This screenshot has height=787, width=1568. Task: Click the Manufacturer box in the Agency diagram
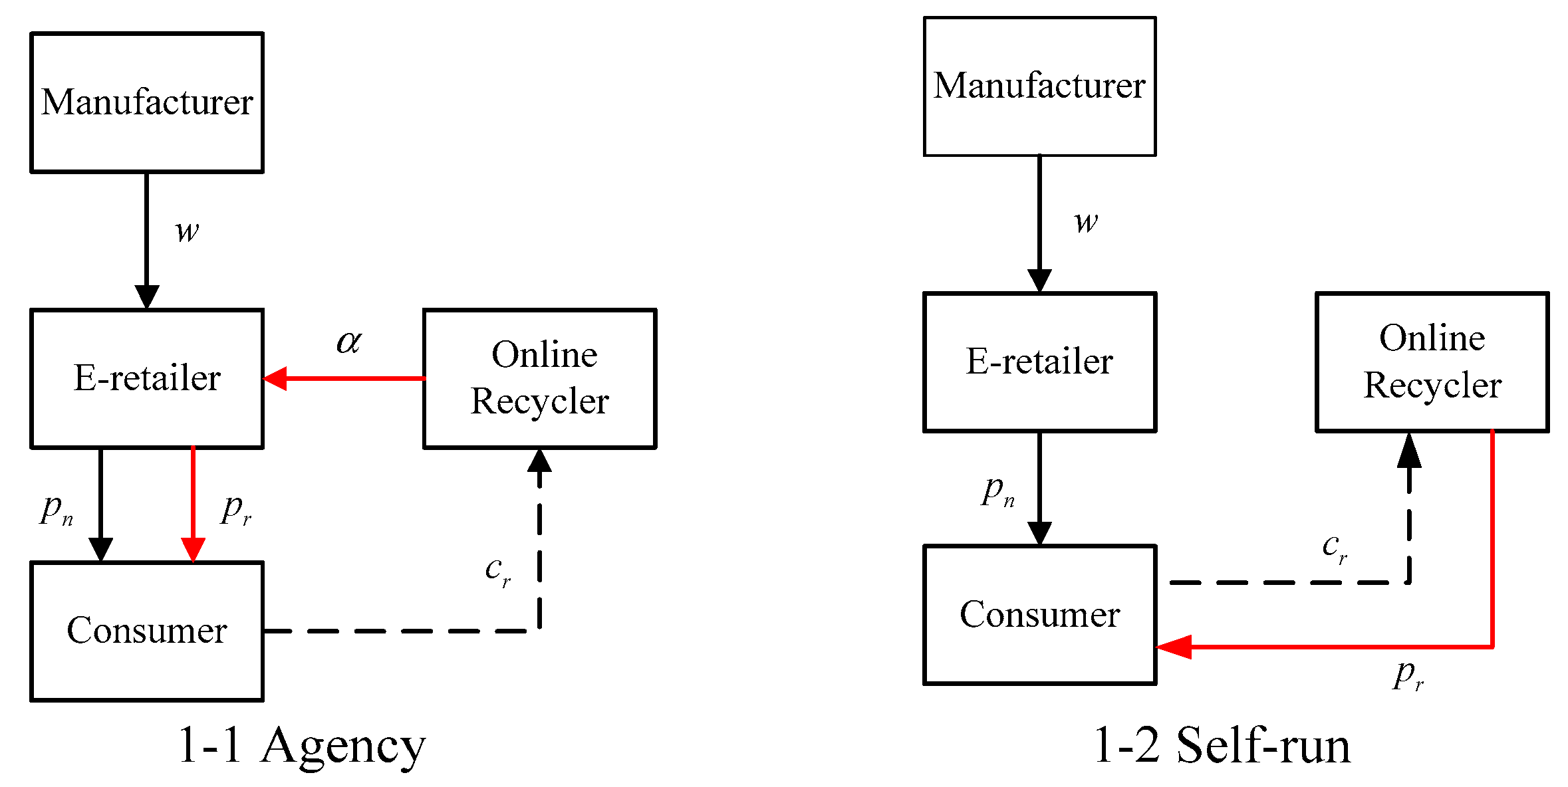coord(147,102)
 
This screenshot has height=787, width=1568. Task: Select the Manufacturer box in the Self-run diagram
coord(1039,86)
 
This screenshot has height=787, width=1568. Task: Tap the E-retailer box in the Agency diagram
coord(147,378)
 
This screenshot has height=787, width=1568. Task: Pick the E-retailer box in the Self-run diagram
coord(1039,362)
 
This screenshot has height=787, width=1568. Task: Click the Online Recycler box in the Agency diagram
coord(539,378)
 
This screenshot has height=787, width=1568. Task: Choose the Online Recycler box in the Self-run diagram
coord(1432,362)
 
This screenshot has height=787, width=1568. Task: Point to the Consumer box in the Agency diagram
coord(147,631)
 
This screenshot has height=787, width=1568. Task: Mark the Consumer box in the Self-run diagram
coord(1039,615)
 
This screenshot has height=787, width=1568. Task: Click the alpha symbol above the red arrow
coord(349,342)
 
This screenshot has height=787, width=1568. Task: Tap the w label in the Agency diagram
coord(187,231)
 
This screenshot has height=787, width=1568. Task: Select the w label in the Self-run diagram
coord(1086,221)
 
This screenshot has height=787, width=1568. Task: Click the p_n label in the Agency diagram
coord(57,510)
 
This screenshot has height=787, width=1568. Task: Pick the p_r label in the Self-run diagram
coord(1408,675)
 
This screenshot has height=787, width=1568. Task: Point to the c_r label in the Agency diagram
coord(497,570)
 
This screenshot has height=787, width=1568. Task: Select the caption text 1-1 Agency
coord(301,746)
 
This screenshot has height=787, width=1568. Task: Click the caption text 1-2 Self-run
coord(1222,746)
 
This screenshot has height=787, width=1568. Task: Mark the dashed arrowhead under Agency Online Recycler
coord(539,461)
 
